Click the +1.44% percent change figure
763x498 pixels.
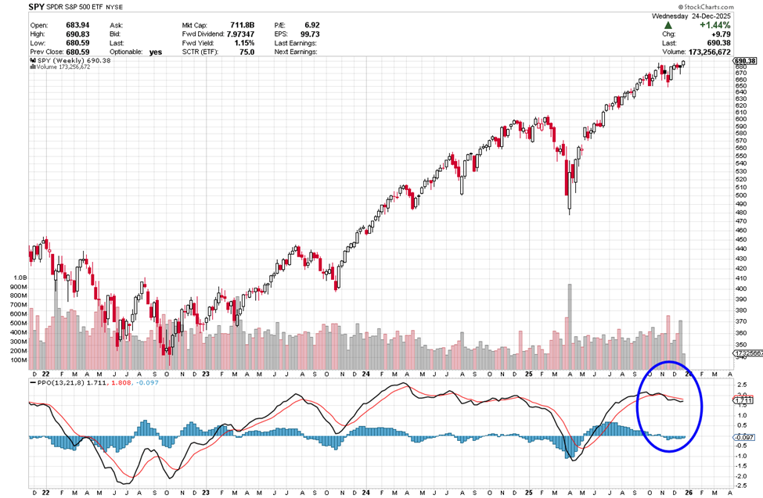point(703,25)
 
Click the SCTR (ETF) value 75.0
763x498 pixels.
point(244,52)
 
